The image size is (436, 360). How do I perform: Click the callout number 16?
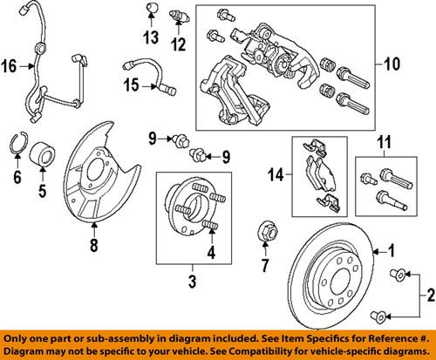point(10,65)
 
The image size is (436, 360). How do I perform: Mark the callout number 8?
point(92,245)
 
